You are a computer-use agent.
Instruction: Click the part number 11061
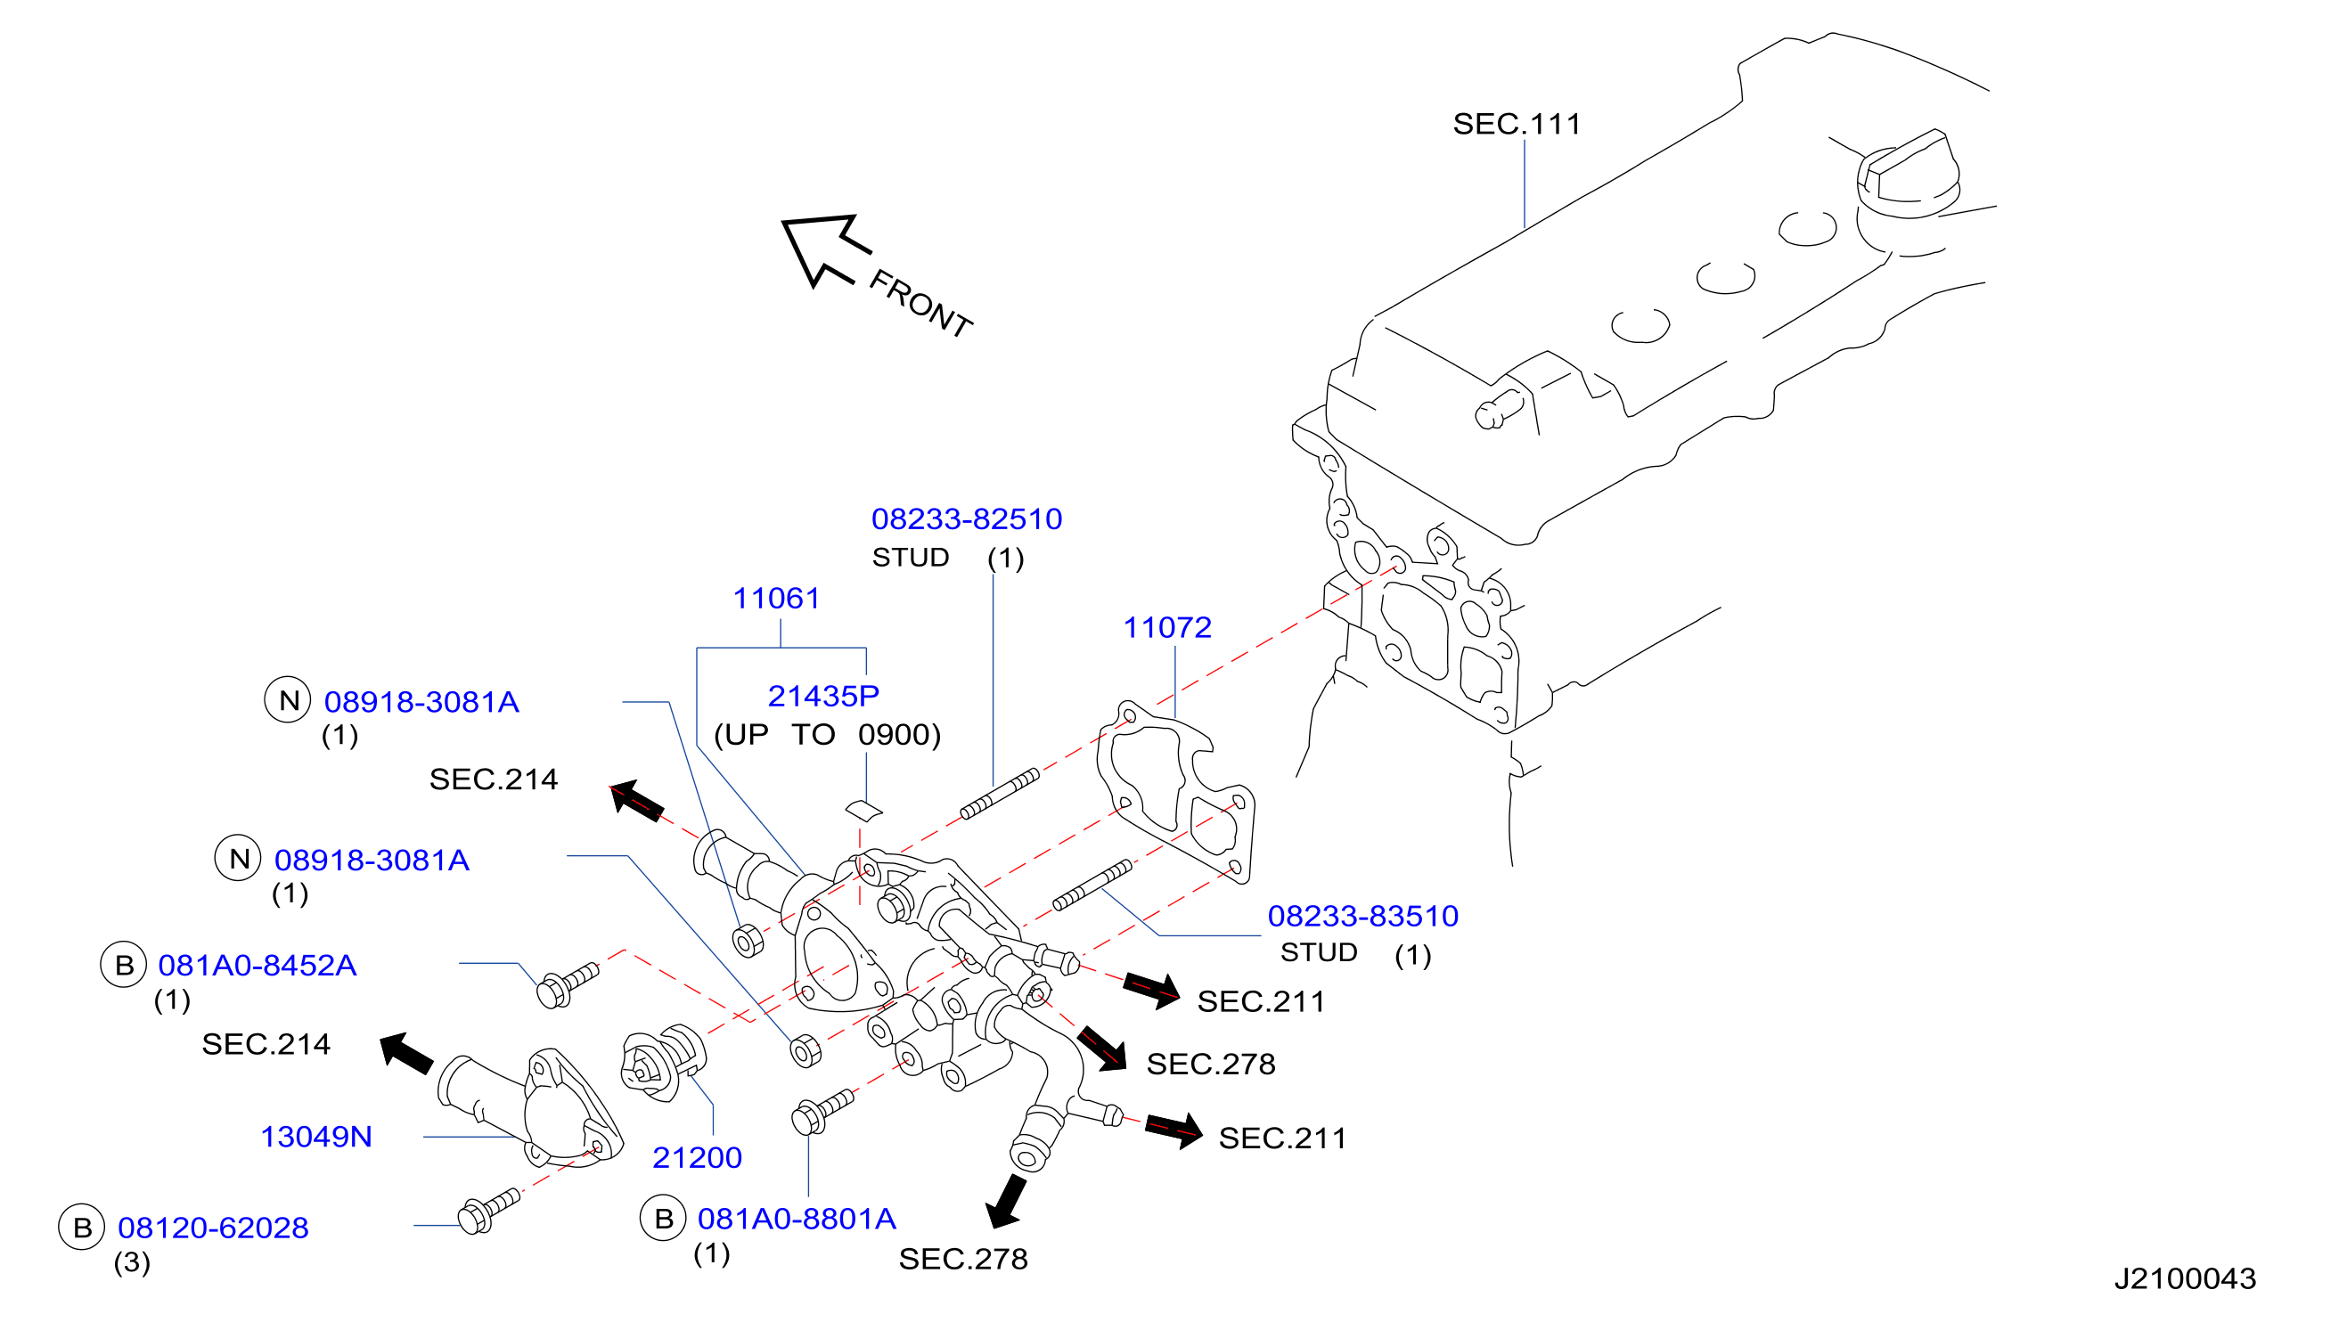(776, 599)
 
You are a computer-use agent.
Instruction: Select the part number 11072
(1167, 628)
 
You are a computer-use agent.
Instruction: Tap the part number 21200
(697, 1158)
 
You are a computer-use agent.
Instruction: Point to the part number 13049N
(316, 1137)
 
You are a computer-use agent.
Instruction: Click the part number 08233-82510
(967, 519)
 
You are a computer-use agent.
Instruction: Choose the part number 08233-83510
(1363, 917)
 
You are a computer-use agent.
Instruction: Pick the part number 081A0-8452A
(257, 966)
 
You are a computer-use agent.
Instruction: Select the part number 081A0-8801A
(797, 1219)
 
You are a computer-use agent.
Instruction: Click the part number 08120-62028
(213, 1228)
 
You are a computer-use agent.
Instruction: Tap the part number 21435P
(823, 696)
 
